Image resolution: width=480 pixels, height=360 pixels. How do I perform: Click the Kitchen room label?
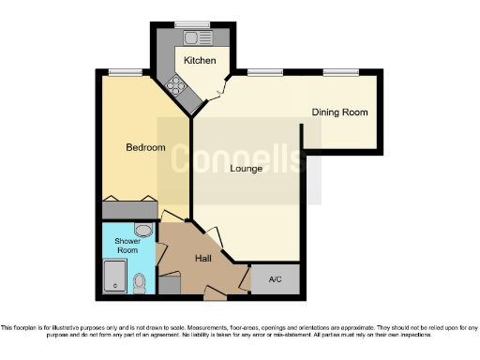pyautogui.click(x=199, y=60)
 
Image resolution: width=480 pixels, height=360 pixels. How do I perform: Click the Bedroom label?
pyautogui.click(x=145, y=147)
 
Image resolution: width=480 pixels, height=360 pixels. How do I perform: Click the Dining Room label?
pyautogui.click(x=340, y=112)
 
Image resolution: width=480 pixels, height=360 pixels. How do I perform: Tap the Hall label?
pyautogui.click(x=204, y=258)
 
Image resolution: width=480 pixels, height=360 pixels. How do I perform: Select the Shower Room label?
pyautogui.click(x=127, y=246)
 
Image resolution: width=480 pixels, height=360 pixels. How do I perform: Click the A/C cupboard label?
pyautogui.click(x=276, y=279)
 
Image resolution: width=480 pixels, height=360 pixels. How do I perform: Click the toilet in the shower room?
pyautogui.click(x=140, y=280)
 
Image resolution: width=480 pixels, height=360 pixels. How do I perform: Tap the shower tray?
pyautogui.click(x=114, y=277)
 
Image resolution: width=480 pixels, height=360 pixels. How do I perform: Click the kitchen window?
pyautogui.click(x=194, y=22)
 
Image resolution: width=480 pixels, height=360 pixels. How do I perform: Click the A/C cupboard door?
pyautogui.click(x=246, y=278)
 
